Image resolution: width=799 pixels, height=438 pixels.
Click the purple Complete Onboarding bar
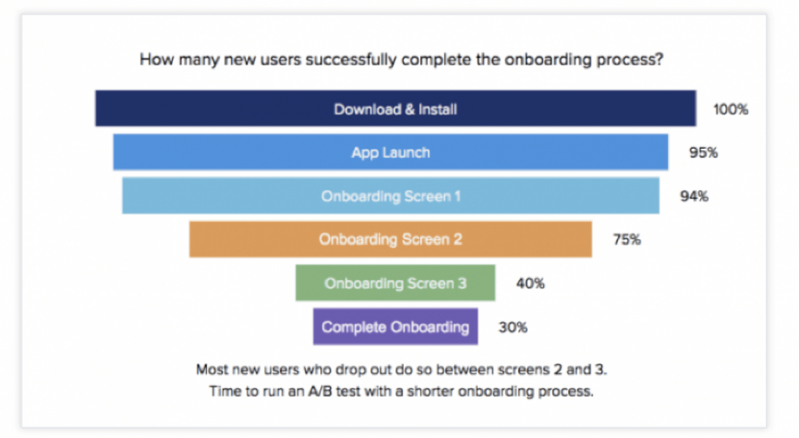(395, 326)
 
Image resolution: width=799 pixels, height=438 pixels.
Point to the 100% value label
(730, 109)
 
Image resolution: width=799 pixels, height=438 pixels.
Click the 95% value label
(703, 152)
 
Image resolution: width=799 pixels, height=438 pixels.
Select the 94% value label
(694, 196)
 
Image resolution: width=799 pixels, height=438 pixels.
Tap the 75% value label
(626, 239)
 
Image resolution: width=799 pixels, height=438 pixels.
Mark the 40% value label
(530, 284)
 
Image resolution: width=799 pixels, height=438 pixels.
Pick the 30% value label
(513, 326)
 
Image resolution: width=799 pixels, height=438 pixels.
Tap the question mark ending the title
(661, 62)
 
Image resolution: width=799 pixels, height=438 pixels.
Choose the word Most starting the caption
(212, 369)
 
